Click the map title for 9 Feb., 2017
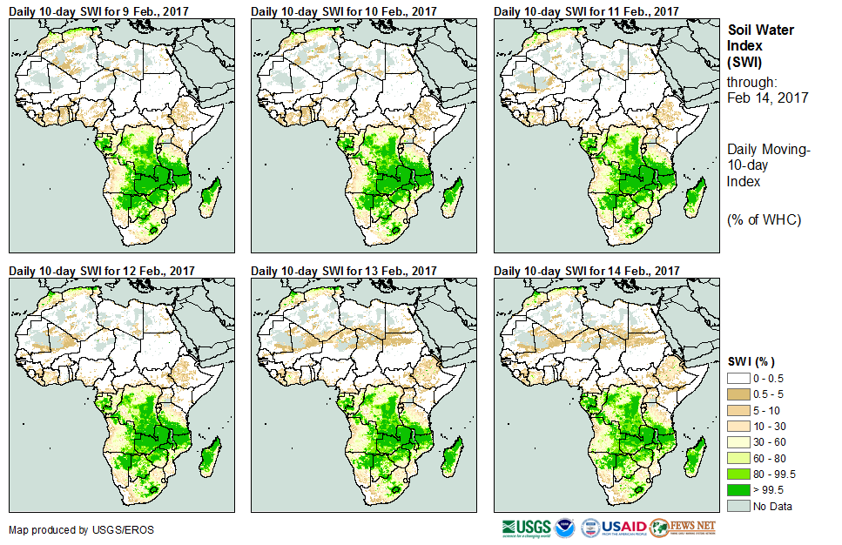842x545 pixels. point(101,10)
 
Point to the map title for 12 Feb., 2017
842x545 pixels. point(101,271)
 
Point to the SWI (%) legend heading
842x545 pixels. point(751,361)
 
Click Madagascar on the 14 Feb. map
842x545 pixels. point(694,457)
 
